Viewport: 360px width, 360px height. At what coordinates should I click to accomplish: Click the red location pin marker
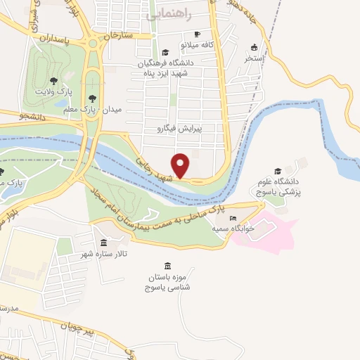point(181,165)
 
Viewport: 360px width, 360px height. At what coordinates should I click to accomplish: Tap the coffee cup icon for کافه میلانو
point(198,34)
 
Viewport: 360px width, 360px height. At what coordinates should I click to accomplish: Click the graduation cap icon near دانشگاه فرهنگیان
point(165,52)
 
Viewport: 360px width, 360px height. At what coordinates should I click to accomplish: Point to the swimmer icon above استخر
point(254,48)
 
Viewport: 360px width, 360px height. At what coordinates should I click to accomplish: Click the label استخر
point(252,59)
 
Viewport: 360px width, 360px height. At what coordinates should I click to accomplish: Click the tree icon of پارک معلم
point(93,99)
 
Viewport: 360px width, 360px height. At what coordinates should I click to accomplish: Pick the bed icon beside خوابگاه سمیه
point(233,219)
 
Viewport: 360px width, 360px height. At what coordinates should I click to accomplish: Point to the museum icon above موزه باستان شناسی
point(167,266)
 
